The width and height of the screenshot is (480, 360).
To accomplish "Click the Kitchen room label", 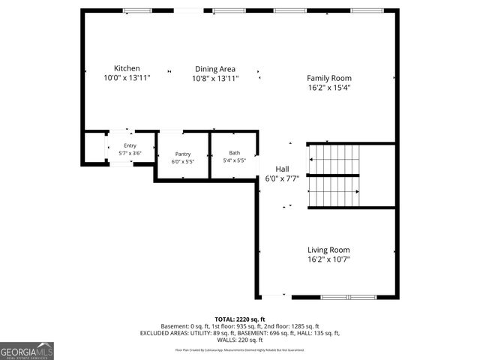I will click(x=127, y=68).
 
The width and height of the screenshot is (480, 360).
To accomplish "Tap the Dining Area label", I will click(x=215, y=68).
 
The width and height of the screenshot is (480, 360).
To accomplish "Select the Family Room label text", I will click(x=328, y=78).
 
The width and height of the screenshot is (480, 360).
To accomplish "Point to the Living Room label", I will click(x=328, y=250).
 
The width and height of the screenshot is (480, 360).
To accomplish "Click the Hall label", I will click(x=282, y=169).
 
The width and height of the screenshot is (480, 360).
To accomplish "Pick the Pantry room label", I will click(x=183, y=154).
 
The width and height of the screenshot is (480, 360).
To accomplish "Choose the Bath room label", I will click(x=235, y=153).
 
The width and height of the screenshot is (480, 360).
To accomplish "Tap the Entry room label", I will click(x=130, y=145).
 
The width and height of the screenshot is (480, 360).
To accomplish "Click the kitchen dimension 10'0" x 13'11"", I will click(x=127, y=78).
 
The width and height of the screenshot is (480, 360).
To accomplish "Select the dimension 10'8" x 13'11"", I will click(x=215, y=78).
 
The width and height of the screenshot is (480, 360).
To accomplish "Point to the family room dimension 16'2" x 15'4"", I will click(x=328, y=88).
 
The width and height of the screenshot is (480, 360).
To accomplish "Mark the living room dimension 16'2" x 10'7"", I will click(x=328, y=259).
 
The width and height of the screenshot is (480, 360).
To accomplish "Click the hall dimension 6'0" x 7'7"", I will click(x=282, y=178).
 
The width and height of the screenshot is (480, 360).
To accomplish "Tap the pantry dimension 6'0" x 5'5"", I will click(x=183, y=161).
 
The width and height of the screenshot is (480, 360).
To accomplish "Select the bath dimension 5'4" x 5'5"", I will click(x=235, y=160).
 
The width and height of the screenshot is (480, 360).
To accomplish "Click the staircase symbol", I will click(x=334, y=175).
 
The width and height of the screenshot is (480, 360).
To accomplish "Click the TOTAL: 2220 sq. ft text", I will click(x=240, y=319).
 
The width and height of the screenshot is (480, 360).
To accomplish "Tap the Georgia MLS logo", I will click(x=27, y=351).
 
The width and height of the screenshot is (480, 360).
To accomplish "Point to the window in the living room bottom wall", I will click(x=348, y=297).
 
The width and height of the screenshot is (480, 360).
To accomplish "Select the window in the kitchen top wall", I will click(x=136, y=10).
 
